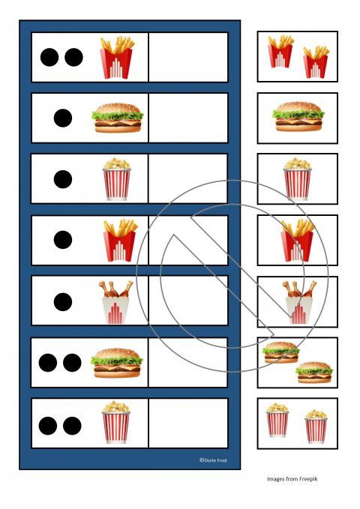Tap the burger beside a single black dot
tap(118, 118)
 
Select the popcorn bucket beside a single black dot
tap(116, 179)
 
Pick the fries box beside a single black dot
tap(118, 240)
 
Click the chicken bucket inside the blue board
tap(116, 301)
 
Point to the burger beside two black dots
tap(116, 362)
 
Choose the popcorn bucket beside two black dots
tap(115, 424)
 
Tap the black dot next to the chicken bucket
tap(63, 301)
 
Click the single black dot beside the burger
tap(63, 118)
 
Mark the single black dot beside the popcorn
tap(63, 179)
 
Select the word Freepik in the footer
tap(308, 479)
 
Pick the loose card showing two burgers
tap(297, 362)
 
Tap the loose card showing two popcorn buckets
tap(297, 424)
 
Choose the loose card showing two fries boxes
tap(297, 56)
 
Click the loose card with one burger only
tap(297, 118)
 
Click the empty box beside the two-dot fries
tap(188, 57)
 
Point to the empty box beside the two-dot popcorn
tap(188, 424)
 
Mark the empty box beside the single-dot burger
tap(188, 118)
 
